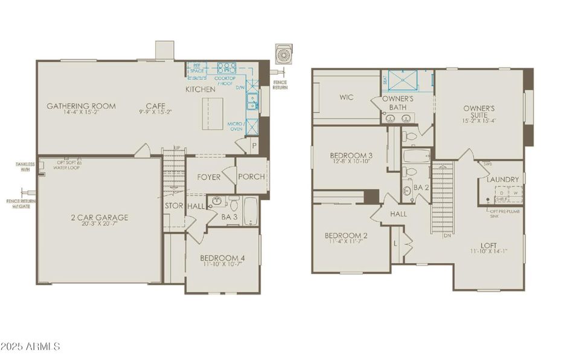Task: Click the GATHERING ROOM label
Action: coord(82,106)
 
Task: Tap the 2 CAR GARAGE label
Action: coord(99,218)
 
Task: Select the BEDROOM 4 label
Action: coord(222,258)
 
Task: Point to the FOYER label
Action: coord(208,177)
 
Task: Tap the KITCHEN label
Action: coord(200,90)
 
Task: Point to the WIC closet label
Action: coord(347,97)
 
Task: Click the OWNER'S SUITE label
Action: coord(479,112)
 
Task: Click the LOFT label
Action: coord(490,245)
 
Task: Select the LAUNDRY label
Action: coord(503,180)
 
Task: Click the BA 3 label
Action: coord(229,217)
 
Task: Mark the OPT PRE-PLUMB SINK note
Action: coord(506,212)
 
